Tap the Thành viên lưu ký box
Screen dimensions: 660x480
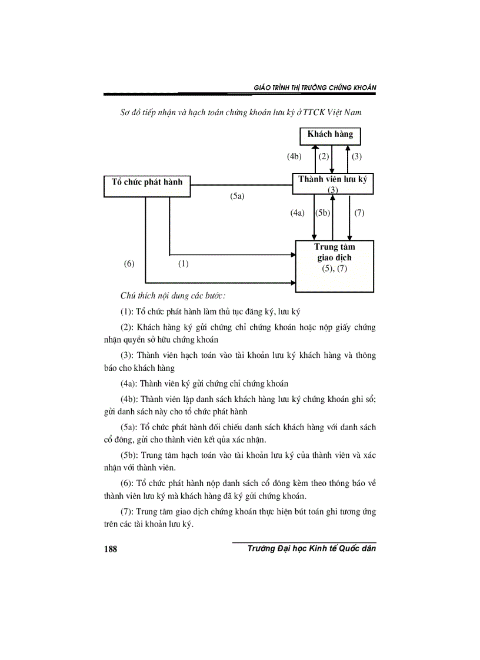333,183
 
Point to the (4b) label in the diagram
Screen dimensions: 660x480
295,157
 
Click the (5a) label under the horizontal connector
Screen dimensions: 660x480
237,197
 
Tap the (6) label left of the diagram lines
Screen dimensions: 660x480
129,264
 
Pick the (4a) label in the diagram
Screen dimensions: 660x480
298,213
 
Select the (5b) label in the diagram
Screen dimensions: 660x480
324,213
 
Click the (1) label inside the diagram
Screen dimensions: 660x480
183,264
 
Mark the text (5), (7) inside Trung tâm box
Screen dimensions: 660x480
335,269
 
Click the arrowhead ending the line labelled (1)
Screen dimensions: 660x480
292,255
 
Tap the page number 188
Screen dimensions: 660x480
111,549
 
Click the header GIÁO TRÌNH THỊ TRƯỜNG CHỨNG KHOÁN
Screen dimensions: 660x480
315,88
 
